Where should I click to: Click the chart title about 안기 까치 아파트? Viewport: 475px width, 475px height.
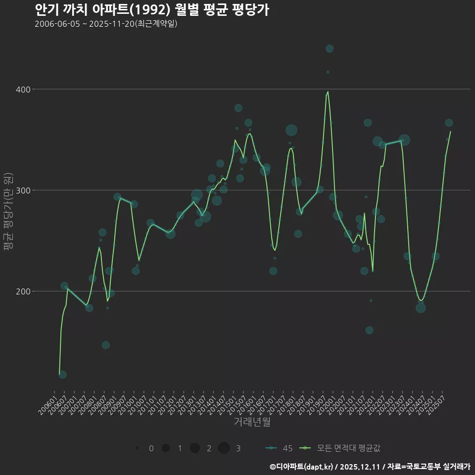pyautogui.click(x=152, y=10)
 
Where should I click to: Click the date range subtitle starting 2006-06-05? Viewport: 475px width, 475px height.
pyautogui.click(x=106, y=24)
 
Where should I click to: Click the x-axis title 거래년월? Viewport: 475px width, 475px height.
pyautogui.click(x=252, y=422)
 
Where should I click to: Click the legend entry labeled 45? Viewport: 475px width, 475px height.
pyautogui.click(x=280, y=448)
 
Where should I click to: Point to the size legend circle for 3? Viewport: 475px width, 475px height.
pyautogui.click(x=224, y=448)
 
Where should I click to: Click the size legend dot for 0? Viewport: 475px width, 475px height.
pyautogui.click(x=137, y=448)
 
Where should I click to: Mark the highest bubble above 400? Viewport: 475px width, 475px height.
pyautogui.click(x=330, y=48)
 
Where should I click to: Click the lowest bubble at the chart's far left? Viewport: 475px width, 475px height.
pyautogui.click(x=62, y=375)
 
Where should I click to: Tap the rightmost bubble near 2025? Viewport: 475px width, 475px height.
pyautogui.click(x=449, y=123)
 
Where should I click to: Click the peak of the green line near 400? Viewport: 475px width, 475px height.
pyautogui.click(x=328, y=92)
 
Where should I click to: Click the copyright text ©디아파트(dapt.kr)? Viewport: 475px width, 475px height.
pyautogui.click(x=302, y=467)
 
